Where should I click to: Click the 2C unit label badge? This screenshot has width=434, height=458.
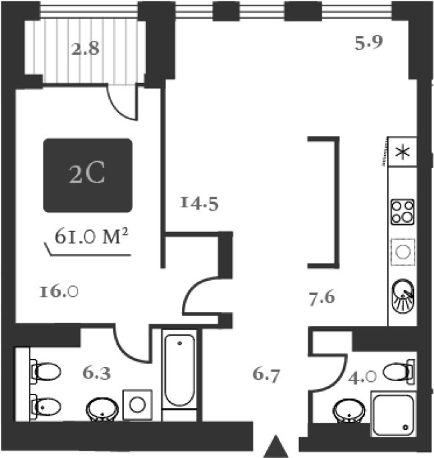pyautogui.click(x=88, y=175)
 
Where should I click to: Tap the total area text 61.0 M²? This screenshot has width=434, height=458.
pyautogui.click(x=92, y=236)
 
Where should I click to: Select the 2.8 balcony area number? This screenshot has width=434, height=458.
pyautogui.click(x=86, y=48)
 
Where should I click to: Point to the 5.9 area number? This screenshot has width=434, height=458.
pyautogui.click(x=368, y=43)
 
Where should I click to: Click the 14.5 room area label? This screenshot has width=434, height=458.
pyautogui.click(x=199, y=203)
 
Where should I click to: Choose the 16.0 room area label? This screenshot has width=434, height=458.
pyautogui.click(x=59, y=292)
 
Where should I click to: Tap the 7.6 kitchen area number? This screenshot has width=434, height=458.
pyautogui.click(x=322, y=298)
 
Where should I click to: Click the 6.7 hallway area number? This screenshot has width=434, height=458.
pyautogui.click(x=266, y=374)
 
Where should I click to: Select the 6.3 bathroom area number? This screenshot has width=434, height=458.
pyautogui.click(x=97, y=373)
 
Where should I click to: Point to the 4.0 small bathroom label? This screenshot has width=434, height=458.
pyautogui.click(x=362, y=377)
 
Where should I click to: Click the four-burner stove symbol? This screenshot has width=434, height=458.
pyautogui.click(x=403, y=212)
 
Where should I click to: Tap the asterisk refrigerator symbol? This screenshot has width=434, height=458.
pyautogui.click(x=403, y=152)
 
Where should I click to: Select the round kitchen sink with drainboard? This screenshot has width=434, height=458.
pyautogui.click(x=403, y=296)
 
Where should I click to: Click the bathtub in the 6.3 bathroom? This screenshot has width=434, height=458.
pyautogui.click(x=180, y=370)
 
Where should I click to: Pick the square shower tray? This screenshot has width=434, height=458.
pyautogui.click(x=393, y=415)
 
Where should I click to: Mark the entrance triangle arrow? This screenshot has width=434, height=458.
pyautogui.click(x=276, y=446)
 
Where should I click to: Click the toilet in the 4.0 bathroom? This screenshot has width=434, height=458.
pyautogui.click(x=399, y=372)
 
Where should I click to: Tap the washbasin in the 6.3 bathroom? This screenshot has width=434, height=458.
pyautogui.click(x=102, y=409)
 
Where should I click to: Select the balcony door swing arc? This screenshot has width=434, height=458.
pyautogui.click(x=121, y=102)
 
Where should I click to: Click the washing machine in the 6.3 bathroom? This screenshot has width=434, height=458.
pyautogui.click(x=137, y=405)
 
